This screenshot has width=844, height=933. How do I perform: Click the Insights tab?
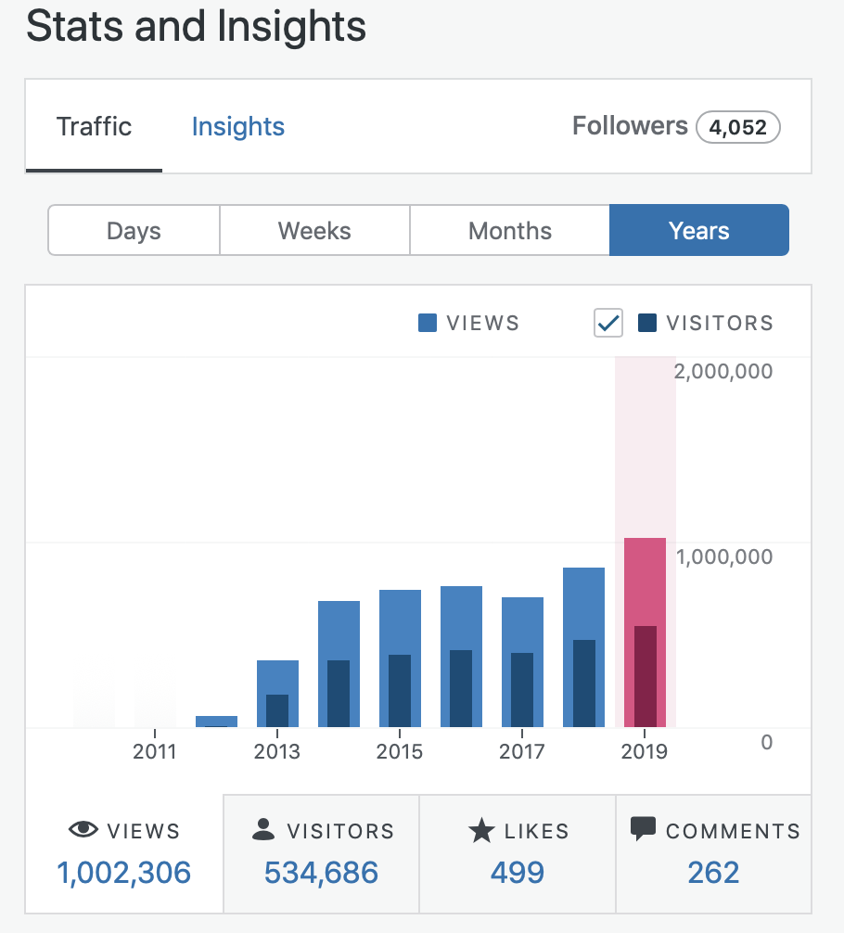(237, 127)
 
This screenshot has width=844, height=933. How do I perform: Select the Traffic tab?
(94, 127)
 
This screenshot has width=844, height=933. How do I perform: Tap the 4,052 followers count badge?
(737, 127)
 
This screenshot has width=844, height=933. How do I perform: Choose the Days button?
(134, 231)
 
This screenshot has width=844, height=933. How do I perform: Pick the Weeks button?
(314, 231)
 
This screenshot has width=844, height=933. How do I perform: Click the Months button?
(509, 231)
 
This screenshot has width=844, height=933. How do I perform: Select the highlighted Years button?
(698, 231)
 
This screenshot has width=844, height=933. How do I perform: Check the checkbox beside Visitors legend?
(608, 323)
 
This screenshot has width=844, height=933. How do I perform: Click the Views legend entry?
(469, 323)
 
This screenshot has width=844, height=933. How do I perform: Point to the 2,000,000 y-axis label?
(723, 372)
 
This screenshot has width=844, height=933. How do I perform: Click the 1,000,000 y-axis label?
(723, 556)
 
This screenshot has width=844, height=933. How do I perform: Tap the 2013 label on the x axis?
(276, 751)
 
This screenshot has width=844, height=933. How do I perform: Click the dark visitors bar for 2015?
(400, 691)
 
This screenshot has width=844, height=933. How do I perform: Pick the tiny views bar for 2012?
(216, 722)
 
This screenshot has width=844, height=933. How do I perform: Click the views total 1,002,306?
(124, 873)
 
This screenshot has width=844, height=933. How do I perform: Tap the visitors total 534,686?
(321, 873)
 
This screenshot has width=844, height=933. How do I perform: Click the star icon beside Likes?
(481, 831)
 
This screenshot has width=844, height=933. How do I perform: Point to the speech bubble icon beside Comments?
(643, 828)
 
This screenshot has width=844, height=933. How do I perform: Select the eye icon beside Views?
(83, 830)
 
